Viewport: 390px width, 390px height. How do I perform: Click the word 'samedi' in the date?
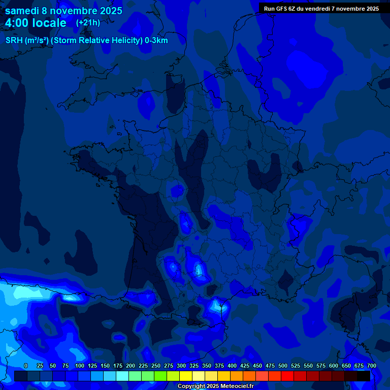[x=22, y=11]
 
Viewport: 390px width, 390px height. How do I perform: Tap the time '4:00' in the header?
[x=17, y=23]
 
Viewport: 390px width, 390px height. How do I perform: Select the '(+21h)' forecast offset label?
[x=88, y=23]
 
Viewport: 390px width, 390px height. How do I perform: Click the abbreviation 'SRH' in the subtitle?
[x=14, y=41]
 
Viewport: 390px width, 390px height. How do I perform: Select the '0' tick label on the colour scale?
[x=26, y=366]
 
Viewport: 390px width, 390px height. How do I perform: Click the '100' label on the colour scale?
[x=80, y=366]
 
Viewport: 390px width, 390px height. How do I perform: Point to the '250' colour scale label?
[x=156, y=366]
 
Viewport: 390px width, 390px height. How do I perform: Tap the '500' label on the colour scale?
[x=283, y=366]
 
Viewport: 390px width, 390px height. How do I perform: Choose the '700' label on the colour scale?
[x=372, y=366]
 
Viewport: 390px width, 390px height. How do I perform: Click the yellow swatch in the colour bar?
[x=186, y=376]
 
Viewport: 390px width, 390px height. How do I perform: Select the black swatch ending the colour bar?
[x=364, y=376]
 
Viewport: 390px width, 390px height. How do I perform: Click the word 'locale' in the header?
[x=50, y=23]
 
